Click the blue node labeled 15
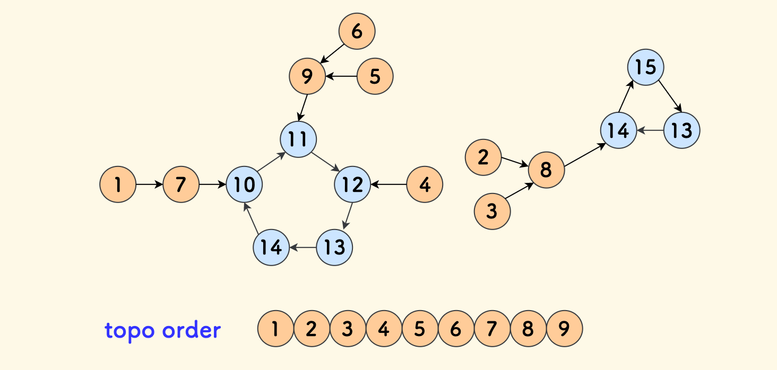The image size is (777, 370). point(646,67)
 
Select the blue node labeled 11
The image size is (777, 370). point(298,139)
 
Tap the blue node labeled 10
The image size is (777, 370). point(244,184)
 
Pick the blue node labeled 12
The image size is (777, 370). point(352,184)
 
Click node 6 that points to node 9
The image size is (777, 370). point(357,31)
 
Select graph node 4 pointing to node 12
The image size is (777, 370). point(425,184)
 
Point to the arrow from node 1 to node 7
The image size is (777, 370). point(149,184)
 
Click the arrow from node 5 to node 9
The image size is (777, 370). point(341,76)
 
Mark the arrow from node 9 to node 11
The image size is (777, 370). point(303,108)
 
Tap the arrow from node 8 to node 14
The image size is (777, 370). point(585,155)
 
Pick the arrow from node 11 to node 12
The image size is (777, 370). point(325,162)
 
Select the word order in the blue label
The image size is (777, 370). point(191,330)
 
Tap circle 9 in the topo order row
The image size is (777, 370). point(564,329)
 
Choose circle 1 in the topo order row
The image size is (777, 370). point(275,329)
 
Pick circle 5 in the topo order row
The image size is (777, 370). point(420,329)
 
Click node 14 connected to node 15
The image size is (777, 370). point(619,130)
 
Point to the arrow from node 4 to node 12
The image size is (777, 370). point(388,184)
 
